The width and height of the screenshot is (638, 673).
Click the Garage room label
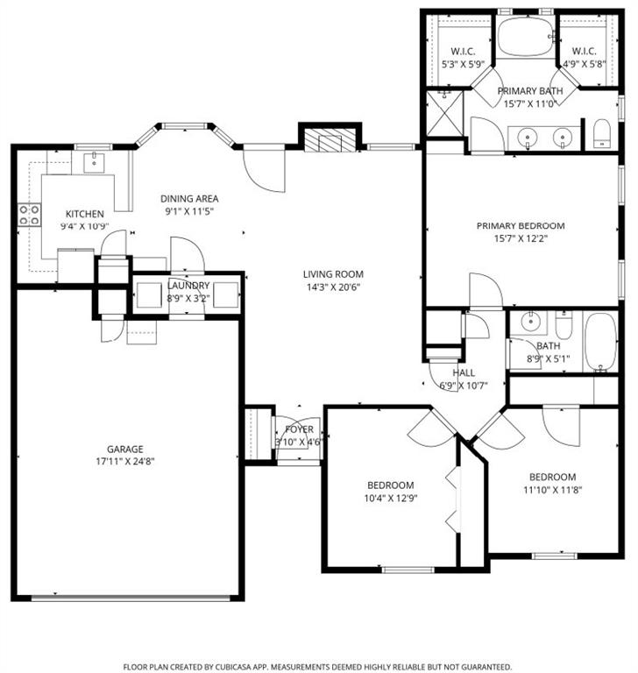point(126,449)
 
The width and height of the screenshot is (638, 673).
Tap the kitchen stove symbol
point(30,215)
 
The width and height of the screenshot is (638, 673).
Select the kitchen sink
point(92,161)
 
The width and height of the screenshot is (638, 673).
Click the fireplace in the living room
point(330,141)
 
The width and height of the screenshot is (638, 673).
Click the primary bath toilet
point(601,134)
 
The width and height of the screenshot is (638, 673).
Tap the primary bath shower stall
point(443,110)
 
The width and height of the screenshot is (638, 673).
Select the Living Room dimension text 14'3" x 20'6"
point(333,287)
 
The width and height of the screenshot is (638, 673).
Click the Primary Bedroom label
point(521,225)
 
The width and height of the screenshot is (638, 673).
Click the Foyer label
point(300,429)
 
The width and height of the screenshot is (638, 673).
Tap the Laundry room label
point(188,286)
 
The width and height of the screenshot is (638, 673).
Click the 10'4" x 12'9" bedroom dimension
point(390,499)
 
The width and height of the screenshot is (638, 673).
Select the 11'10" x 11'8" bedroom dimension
point(551,490)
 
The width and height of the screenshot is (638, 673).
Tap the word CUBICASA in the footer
point(257,666)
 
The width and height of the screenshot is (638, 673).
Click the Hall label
point(464,372)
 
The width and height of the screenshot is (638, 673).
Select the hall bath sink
point(529,322)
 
